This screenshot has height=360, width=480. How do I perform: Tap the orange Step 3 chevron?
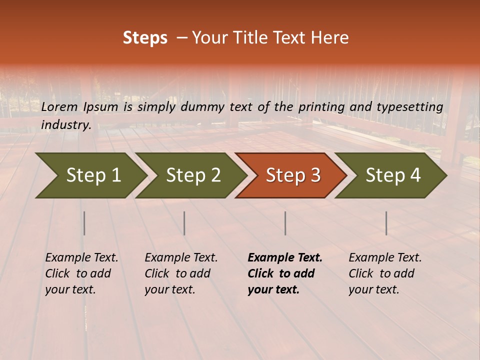click(x=291, y=175)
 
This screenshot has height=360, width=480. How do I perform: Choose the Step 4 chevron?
click(x=391, y=175)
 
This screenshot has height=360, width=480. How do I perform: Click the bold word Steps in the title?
click(x=145, y=38)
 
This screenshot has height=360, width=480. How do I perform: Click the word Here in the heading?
click(x=329, y=38)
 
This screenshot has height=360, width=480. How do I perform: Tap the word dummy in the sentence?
click(x=203, y=106)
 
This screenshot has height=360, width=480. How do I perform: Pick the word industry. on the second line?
click(x=66, y=124)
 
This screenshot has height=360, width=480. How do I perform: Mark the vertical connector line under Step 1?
click(x=84, y=223)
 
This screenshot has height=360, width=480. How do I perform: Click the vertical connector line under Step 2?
click(x=184, y=223)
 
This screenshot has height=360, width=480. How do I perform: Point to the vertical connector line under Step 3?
click(x=285, y=223)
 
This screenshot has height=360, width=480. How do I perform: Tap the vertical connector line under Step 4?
click(x=386, y=223)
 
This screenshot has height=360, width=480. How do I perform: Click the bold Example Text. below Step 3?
click(x=285, y=258)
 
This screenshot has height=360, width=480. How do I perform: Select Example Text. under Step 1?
click(x=81, y=258)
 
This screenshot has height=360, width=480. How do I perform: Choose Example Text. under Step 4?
click(x=385, y=258)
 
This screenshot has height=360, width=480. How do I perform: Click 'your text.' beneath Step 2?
click(x=169, y=289)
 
